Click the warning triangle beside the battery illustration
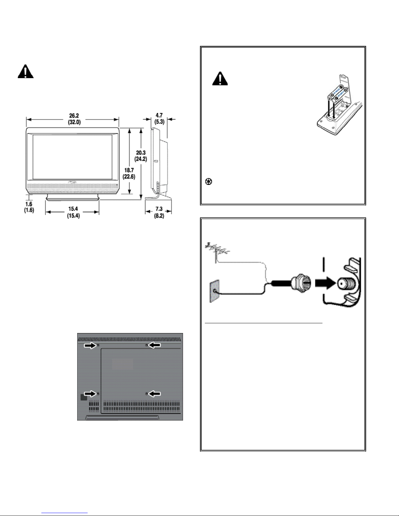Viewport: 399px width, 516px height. pos(220,79)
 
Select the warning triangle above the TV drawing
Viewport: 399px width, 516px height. pos(25,72)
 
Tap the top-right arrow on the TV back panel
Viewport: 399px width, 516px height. pos(154,345)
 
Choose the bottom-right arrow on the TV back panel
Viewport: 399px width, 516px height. pos(154,394)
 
